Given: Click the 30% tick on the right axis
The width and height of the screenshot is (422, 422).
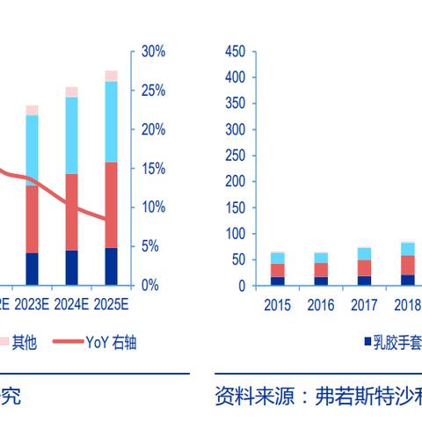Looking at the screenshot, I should tap(153, 52).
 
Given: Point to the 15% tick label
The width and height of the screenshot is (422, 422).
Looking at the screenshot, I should tap(153, 168).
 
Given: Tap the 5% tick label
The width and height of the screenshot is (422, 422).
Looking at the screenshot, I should tap(150, 246).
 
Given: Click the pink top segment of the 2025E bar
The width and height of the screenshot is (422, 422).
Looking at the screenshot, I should tap(111, 76).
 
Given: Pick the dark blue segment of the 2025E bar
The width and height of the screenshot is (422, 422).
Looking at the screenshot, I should tap(111, 266).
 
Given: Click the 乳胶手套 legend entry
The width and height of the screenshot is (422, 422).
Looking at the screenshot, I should tap(391, 342).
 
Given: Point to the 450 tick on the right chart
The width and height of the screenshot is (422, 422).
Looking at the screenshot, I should tap(234, 52).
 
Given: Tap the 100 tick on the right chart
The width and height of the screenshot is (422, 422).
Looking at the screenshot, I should tap(234, 234).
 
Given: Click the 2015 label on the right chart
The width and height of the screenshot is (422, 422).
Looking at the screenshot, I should tap(277, 305).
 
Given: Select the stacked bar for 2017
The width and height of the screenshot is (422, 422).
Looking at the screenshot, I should tap(364, 266).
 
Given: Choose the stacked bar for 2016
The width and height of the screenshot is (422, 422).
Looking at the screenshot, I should tap(321, 269).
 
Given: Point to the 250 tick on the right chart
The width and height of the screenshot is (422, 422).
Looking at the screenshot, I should tap(234, 156).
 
